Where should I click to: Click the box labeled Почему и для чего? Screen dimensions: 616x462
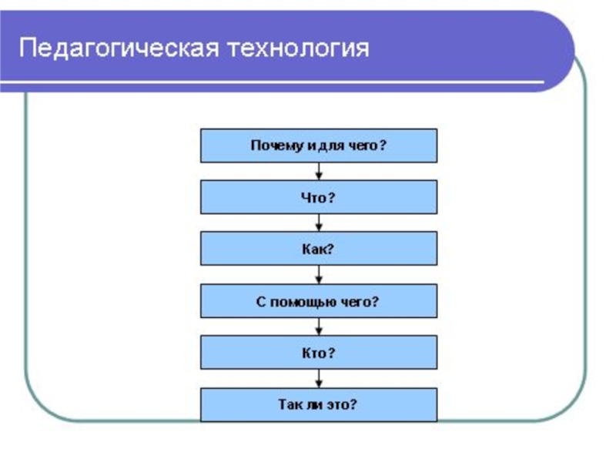(x=319, y=146)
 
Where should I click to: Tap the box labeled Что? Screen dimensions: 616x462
(x=319, y=197)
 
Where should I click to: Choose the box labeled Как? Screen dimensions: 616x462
(x=319, y=249)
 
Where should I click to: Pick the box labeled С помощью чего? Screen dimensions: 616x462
(x=319, y=301)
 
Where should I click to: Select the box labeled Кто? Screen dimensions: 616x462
(x=319, y=353)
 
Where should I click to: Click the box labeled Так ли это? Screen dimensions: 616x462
(x=319, y=404)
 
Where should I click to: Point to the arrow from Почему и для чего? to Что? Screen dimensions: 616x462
(x=319, y=172)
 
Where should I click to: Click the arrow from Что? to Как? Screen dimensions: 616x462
(x=319, y=223)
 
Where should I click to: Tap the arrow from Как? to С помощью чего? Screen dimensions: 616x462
(x=319, y=275)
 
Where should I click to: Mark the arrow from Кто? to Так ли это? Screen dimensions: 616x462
(x=319, y=379)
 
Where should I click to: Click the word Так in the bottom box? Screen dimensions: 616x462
(x=288, y=404)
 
